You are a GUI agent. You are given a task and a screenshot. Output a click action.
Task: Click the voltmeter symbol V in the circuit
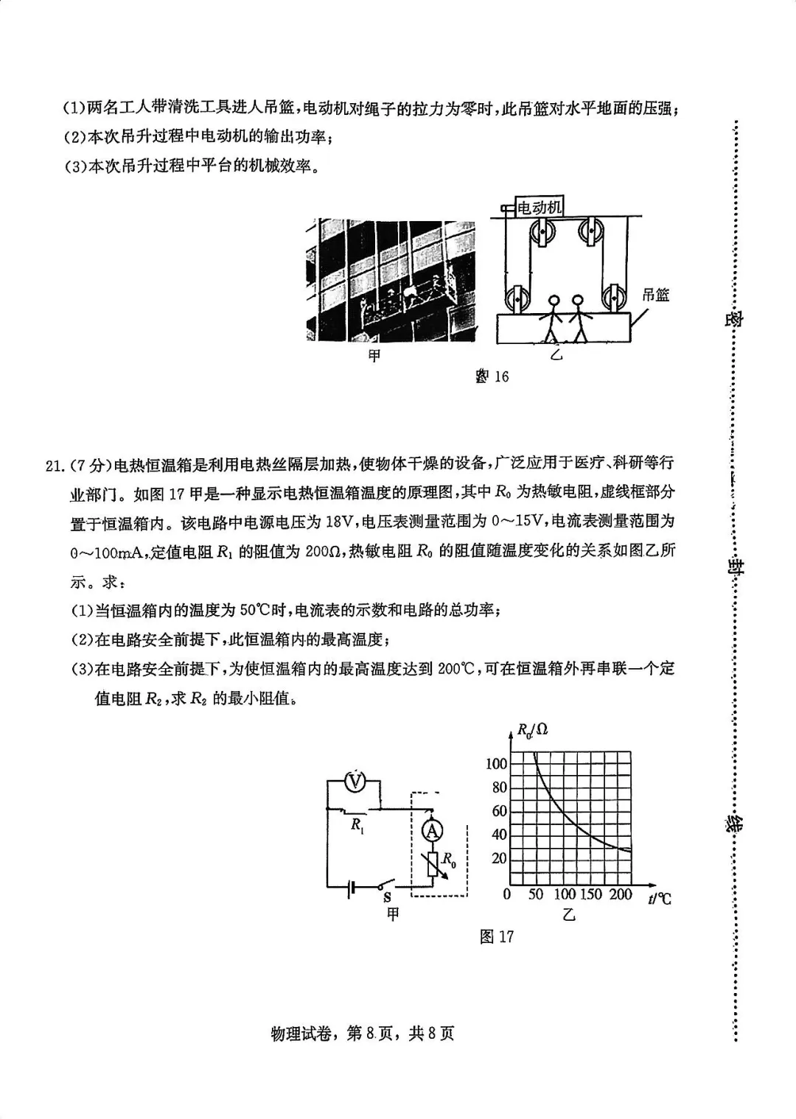click(356, 781)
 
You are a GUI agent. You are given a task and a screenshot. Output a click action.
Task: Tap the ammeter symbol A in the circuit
click(432, 831)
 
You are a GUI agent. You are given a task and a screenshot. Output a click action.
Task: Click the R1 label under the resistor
click(357, 825)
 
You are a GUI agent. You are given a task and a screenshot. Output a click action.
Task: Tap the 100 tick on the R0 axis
click(496, 763)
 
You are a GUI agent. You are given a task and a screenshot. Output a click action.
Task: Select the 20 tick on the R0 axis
click(499, 858)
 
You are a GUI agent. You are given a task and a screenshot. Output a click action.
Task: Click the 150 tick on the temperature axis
click(590, 894)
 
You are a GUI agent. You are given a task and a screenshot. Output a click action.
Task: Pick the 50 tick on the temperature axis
click(536, 894)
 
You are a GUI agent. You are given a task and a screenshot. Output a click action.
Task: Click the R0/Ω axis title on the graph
click(532, 730)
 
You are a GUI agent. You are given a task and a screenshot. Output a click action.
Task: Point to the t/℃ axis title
click(660, 898)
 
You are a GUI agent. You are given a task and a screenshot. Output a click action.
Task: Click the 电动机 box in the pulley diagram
click(539, 207)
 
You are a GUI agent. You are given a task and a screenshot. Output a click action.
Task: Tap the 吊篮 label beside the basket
click(655, 295)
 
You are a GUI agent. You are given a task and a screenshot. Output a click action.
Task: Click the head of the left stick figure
click(554, 301)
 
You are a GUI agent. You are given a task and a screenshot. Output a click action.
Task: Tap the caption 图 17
click(497, 936)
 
